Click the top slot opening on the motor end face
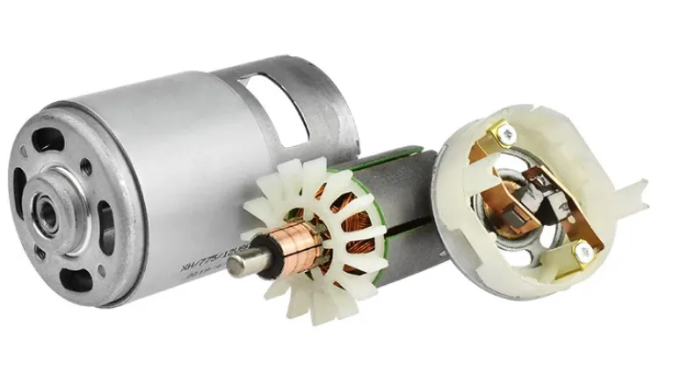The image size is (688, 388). [54, 145]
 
